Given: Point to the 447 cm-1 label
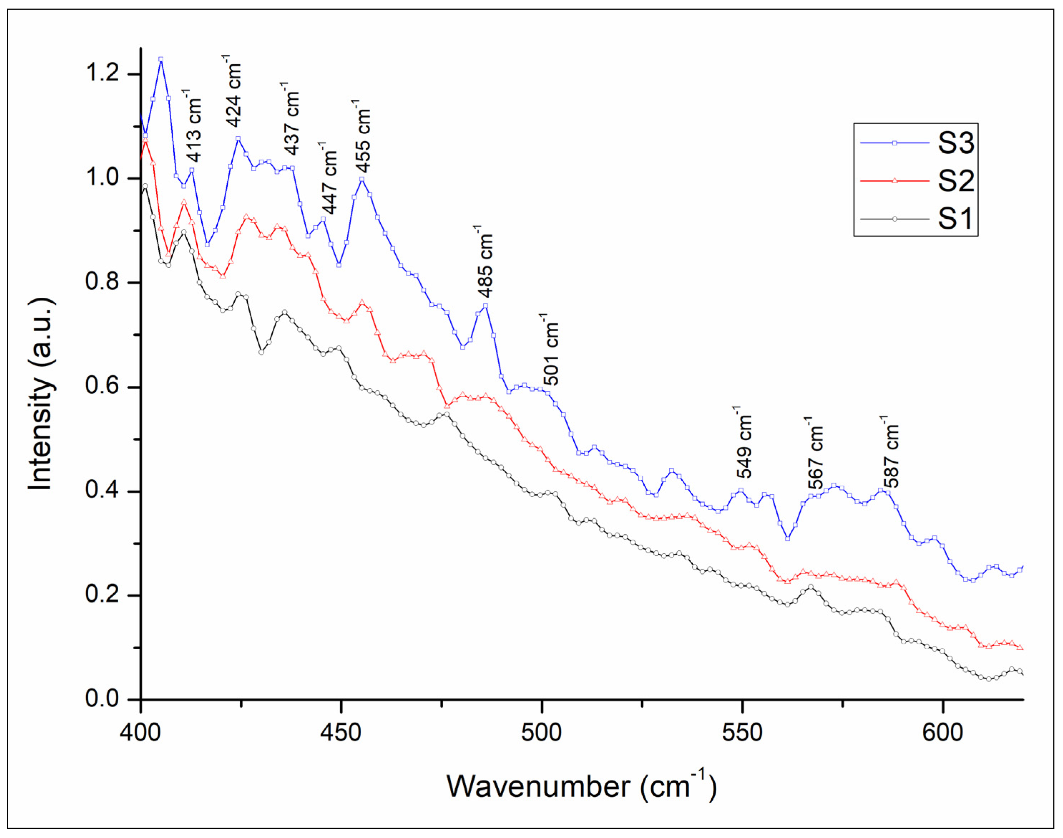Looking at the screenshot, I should pos(329,178).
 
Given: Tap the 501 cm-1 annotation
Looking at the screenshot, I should pos(551,350).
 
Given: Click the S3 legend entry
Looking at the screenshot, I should pos(955,143).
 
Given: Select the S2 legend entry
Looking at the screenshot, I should pos(955,181).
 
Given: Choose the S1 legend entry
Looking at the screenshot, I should pos(955,219).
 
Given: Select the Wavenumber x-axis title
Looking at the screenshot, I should pos(582,788).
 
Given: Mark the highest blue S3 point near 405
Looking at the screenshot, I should pos(160,59).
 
